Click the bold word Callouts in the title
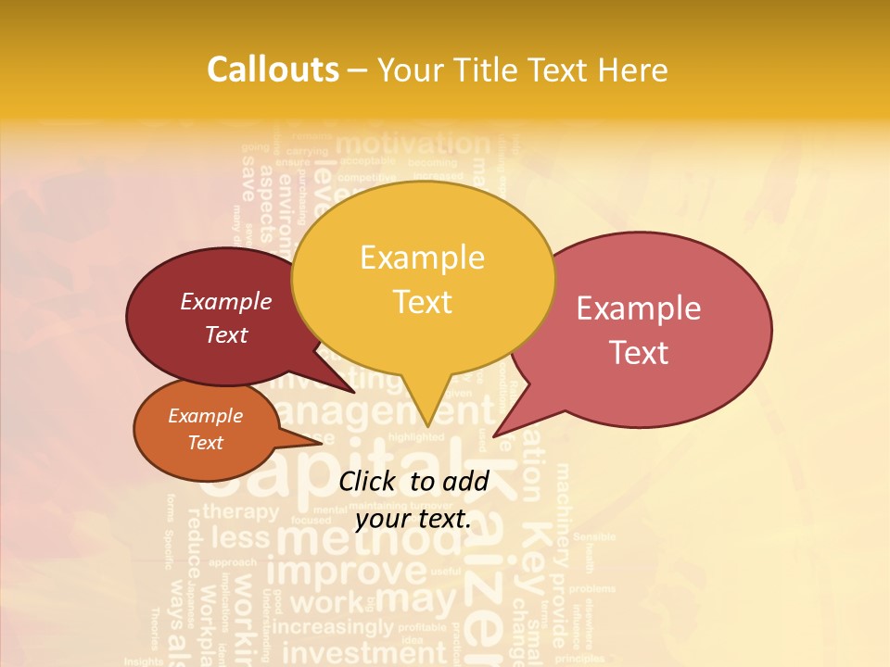(x=273, y=69)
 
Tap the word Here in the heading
(x=633, y=69)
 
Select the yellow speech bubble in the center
(x=423, y=278)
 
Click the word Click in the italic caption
(x=368, y=481)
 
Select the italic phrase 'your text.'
(x=413, y=518)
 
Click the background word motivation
(x=412, y=145)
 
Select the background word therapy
(x=240, y=511)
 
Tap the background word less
(x=240, y=537)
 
